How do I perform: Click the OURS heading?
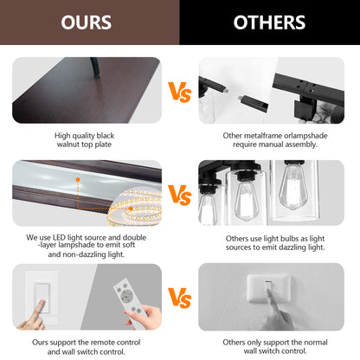tap(87, 22)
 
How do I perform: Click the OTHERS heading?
tap(269, 22)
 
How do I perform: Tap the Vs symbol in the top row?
tap(180, 92)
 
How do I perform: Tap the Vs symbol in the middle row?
tap(180, 195)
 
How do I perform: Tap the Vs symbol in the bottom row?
tap(180, 298)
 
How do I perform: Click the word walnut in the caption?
tap(67, 145)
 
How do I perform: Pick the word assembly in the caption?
tap(303, 145)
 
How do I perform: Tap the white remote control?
tap(129, 302)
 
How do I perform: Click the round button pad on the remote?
tap(125, 295)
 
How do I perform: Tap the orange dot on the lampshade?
tap(78, 179)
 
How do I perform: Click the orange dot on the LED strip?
tap(131, 209)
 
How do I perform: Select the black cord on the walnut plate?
tap(95, 67)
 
